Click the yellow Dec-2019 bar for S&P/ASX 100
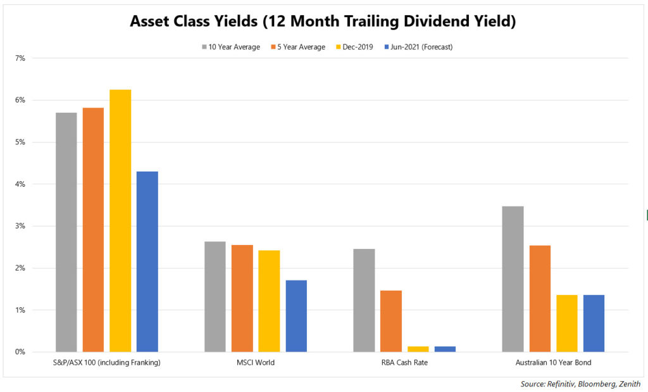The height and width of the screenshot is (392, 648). click(120, 221)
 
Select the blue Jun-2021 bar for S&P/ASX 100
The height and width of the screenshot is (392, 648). click(147, 262)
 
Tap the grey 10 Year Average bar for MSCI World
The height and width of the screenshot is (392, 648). click(215, 297)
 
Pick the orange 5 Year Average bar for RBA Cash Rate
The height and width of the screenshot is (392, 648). click(391, 321)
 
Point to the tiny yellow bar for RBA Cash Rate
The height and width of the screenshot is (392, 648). click(418, 349)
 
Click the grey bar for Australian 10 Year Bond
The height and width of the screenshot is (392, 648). click(513, 279)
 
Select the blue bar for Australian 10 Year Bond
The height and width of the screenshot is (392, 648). click(594, 324)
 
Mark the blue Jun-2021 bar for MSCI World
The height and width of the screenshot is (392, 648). click(296, 317)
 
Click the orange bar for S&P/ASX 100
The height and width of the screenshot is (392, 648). click(94, 230)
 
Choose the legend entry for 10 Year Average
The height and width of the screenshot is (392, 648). click(231, 47)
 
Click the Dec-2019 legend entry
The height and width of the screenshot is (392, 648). click(354, 47)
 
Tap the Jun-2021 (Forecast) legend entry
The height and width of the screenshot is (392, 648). click(419, 47)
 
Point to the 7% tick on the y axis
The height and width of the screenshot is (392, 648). click(20, 58)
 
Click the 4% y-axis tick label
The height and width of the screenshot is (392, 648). click(20, 184)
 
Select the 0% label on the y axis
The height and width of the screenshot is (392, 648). click(20, 352)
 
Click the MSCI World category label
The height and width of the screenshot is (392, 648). click(256, 363)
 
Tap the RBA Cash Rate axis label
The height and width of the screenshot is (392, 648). click(404, 363)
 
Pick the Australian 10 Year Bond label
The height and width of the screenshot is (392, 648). click(553, 363)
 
